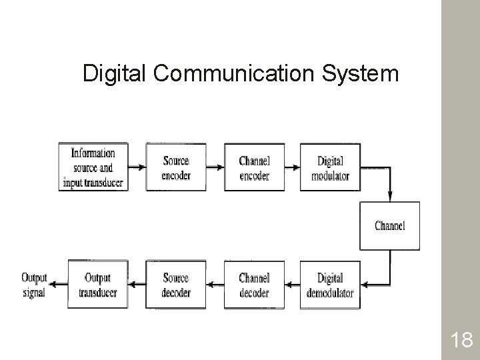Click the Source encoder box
[x=176, y=167]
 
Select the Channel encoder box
[x=254, y=167]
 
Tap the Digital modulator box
[x=330, y=167]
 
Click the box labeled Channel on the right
[x=390, y=225]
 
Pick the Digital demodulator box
[x=330, y=285]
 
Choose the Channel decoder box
[x=254, y=285]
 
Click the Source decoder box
[x=176, y=285]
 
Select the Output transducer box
[x=98, y=285]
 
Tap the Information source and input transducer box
[x=93, y=167]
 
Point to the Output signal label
[x=34, y=285]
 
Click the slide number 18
[x=461, y=341]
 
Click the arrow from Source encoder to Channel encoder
[x=215, y=167]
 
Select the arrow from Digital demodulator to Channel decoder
[x=292, y=285]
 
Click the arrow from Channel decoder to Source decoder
[x=215, y=285]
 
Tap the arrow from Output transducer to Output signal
[x=59, y=285]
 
